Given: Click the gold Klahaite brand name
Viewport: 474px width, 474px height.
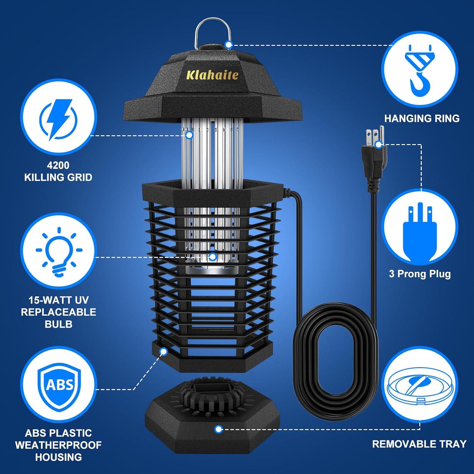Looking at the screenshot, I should [212, 75].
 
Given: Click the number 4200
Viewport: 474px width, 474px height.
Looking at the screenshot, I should [58, 165].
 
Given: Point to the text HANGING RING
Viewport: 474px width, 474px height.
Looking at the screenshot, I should [422, 118].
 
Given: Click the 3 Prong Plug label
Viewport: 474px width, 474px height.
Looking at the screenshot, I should [420, 274].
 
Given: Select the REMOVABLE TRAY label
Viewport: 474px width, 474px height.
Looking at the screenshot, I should [419, 444].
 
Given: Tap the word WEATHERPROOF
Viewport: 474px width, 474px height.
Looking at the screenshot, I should [58, 445].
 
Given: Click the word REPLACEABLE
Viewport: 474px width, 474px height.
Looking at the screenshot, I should [58, 312].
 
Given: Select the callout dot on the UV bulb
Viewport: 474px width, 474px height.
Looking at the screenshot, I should [213, 257].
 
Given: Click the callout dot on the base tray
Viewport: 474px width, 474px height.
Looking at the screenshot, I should [218, 429].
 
